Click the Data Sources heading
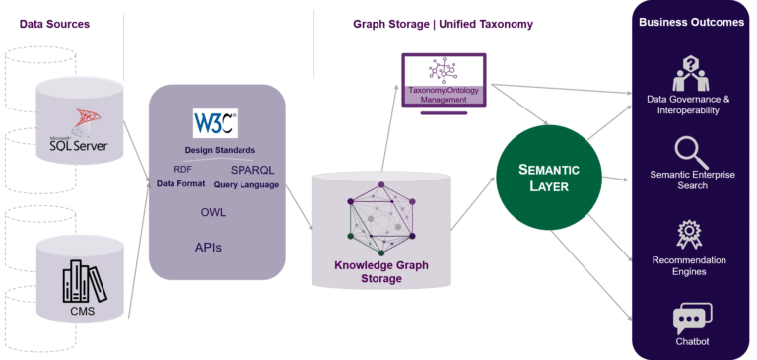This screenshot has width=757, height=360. click(x=54, y=23)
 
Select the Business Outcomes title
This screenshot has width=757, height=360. click(x=691, y=23)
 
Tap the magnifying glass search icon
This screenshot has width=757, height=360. click(x=690, y=153)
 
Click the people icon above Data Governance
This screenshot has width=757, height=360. click(x=690, y=72)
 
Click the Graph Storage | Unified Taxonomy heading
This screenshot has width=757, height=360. click(x=443, y=23)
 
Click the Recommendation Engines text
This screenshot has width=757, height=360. click(x=690, y=265)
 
